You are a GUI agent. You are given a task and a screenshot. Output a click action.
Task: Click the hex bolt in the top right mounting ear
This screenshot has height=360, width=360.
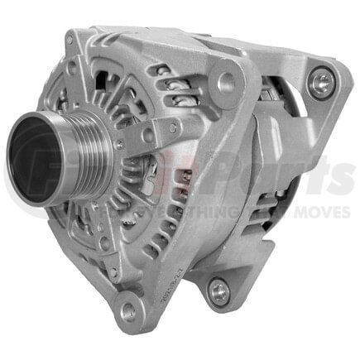tap(321, 82)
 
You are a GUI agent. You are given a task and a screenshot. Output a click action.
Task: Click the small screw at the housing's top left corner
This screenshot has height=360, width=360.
tap(70, 40)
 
